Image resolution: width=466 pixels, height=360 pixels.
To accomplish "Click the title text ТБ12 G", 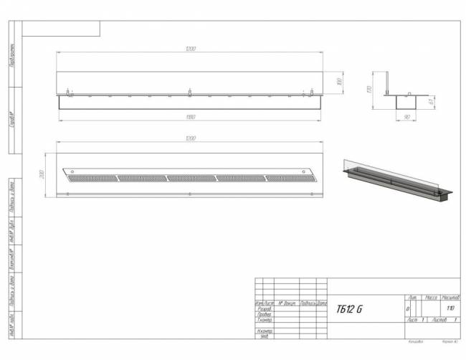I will point(350,309).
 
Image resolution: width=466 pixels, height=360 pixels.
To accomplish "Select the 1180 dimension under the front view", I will point(190,116).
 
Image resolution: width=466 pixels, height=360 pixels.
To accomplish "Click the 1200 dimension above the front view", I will point(190,49).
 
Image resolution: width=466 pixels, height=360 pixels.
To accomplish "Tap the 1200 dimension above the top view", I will point(190,138).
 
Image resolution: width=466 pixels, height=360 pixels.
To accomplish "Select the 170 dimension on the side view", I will point(368,90).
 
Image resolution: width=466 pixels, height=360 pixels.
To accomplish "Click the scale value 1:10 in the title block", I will point(450,308).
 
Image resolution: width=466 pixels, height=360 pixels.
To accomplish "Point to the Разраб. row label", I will point(264,308).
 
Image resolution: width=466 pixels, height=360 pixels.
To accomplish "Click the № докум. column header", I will point(287,303).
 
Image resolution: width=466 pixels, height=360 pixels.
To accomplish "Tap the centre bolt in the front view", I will point(189,92).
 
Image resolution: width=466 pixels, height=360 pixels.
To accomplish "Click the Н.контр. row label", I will point(264,331).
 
